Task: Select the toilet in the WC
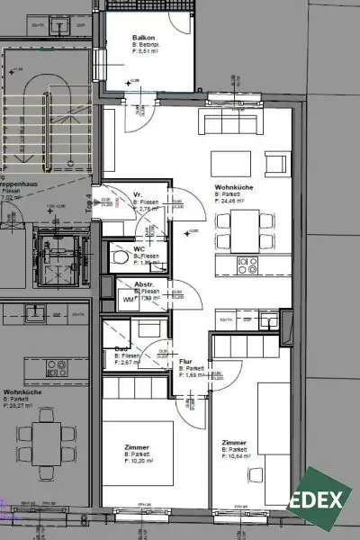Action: tap(121, 257)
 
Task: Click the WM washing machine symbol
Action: tap(129, 301)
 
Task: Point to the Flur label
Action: tap(185, 361)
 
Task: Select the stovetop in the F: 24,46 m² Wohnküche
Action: tap(246, 265)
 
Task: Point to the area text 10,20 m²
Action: tap(139, 463)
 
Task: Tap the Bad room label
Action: tap(121, 349)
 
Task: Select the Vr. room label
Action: tap(139, 194)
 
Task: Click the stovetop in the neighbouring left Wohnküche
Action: tap(55, 367)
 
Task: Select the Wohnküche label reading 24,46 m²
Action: tap(232, 187)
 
